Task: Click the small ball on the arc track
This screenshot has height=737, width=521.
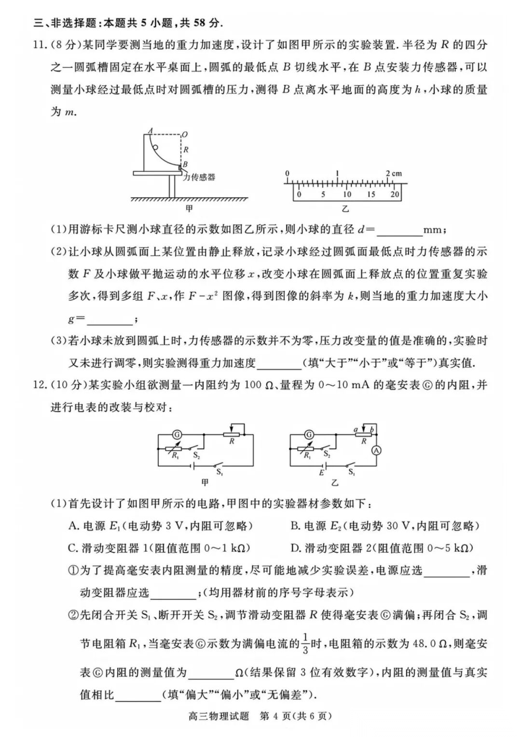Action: point(155,148)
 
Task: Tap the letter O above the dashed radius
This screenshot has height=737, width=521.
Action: point(185,134)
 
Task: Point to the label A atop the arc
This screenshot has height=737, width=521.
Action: point(151,130)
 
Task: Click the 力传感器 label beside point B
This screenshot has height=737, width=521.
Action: point(199,177)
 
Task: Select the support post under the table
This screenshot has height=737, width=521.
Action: point(172,186)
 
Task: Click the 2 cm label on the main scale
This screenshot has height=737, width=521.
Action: point(394,173)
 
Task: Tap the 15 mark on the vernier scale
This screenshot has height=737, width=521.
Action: point(370,194)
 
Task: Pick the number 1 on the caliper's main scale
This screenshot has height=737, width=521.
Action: point(337,173)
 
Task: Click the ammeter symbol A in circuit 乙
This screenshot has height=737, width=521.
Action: point(376,450)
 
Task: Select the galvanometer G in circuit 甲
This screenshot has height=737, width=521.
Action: point(177,435)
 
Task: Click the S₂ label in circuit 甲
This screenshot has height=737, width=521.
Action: point(196,455)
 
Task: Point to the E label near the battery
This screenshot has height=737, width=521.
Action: point(321,473)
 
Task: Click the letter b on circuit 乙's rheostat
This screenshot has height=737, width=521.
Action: point(371,429)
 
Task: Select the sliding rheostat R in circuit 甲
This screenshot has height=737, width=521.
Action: point(232,435)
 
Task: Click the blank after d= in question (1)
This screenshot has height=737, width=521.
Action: point(399,231)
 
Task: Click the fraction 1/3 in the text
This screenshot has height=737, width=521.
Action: point(305,643)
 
